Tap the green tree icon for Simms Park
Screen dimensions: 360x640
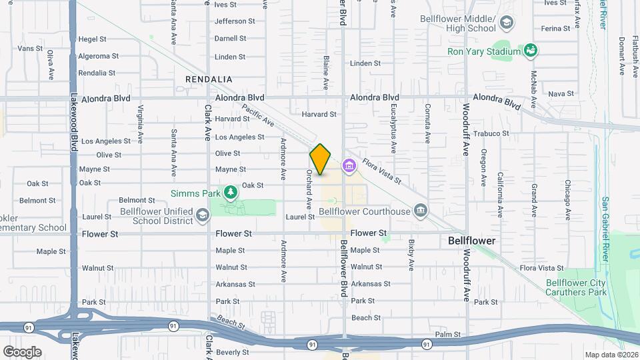pos(231,193)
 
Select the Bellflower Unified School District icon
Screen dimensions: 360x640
pos(203,215)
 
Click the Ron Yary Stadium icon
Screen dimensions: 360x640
pos(531,51)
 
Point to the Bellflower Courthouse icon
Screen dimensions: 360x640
pos(420,211)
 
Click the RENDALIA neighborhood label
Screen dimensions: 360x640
pos(209,79)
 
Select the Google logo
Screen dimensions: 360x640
pos(22,351)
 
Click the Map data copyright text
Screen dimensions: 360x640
pos(611,355)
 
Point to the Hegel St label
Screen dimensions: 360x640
pos(93,39)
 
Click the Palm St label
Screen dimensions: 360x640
pos(448,334)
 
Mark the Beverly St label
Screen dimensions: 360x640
pos(232,352)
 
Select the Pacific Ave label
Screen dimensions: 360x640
pos(258,115)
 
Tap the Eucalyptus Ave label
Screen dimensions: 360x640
pos(394,123)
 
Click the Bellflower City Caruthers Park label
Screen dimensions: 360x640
pos(576,287)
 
